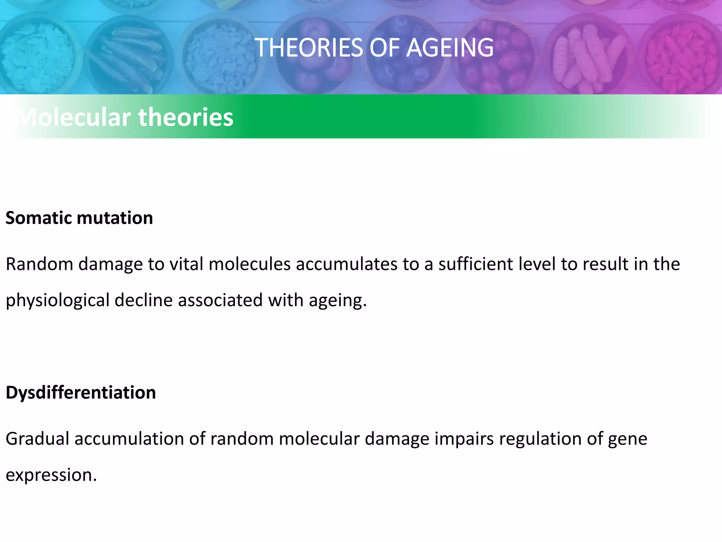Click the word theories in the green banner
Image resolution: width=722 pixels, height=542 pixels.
(186, 117)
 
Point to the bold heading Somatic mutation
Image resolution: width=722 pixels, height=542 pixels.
(79, 218)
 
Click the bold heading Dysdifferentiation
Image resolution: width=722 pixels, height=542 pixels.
(81, 392)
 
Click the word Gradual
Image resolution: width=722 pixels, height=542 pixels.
(37, 439)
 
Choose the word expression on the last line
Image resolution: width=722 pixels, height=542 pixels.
(51, 475)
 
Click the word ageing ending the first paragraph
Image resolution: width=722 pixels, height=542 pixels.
(338, 301)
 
